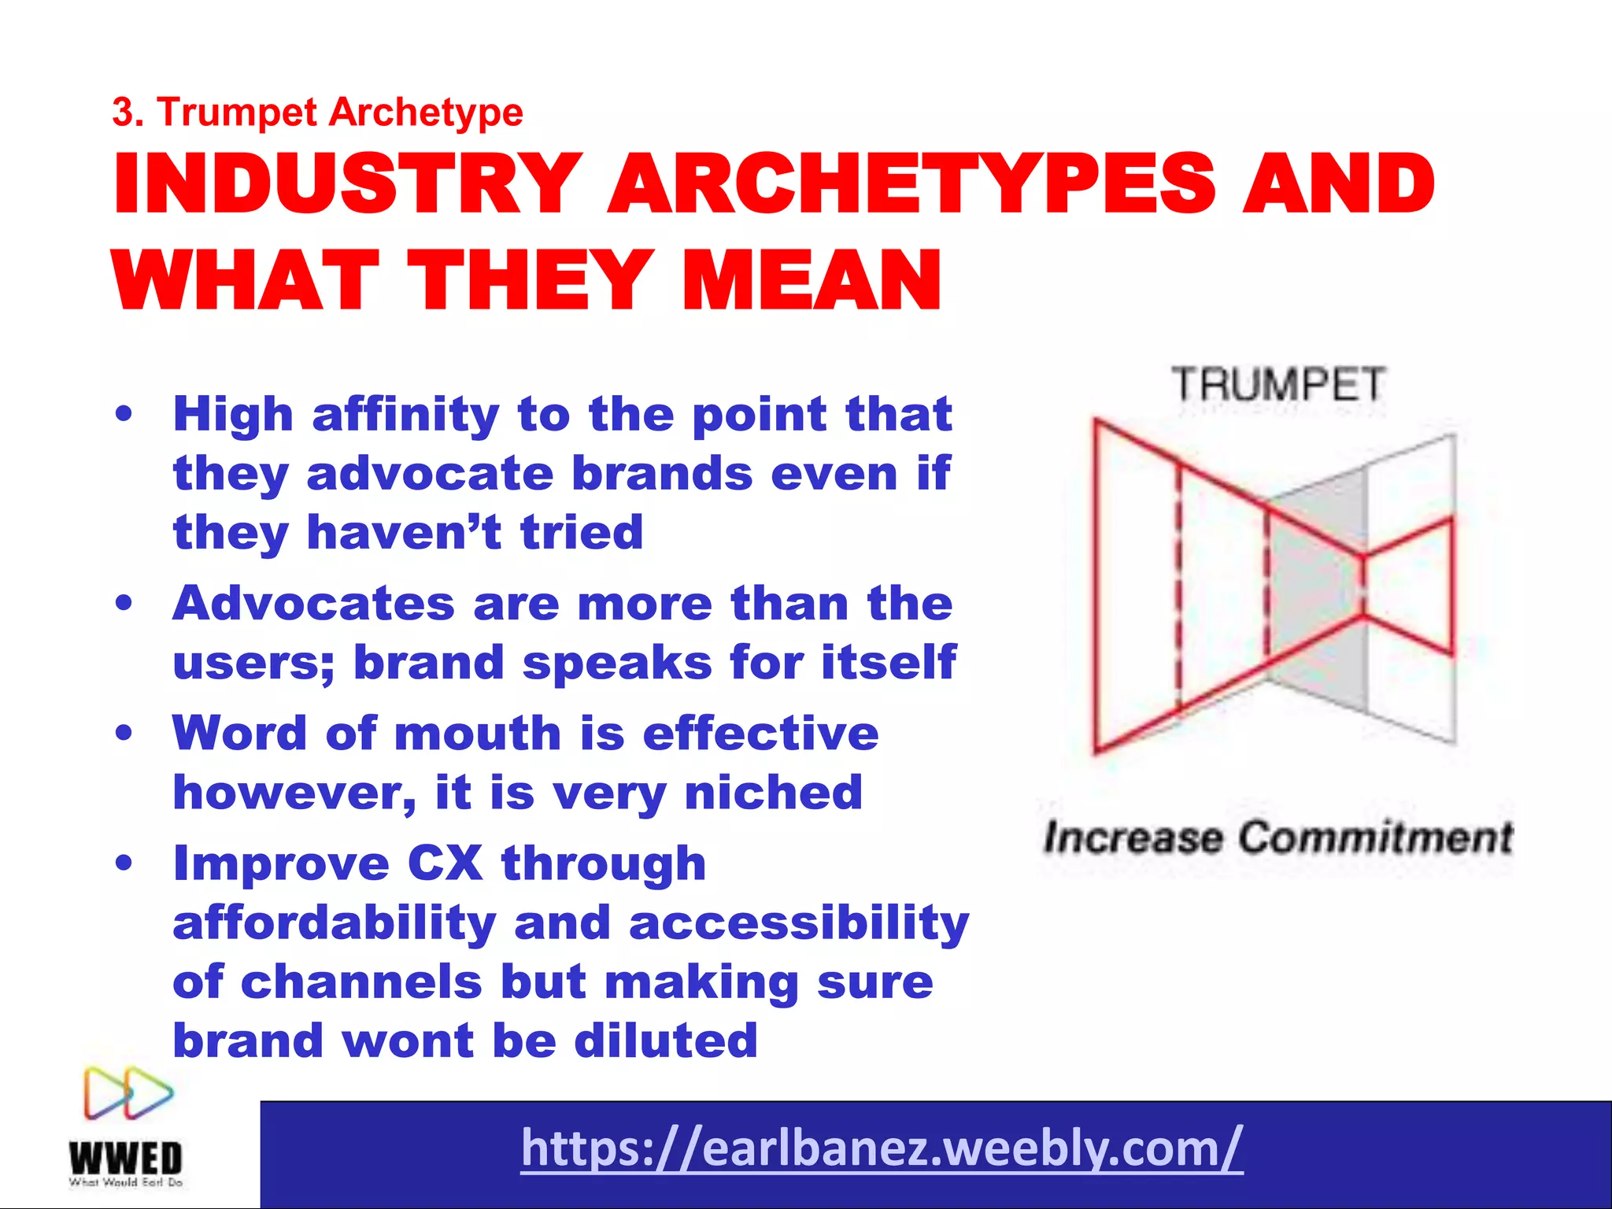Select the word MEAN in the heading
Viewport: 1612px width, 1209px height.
click(x=811, y=279)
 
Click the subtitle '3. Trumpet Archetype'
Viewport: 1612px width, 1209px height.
click(x=317, y=112)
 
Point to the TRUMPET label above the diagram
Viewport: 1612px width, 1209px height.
click(x=1277, y=385)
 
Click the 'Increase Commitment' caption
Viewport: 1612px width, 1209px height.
click(x=1277, y=837)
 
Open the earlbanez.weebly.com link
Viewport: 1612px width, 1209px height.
click(x=882, y=1148)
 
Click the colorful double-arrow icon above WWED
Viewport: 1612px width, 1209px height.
click(x=128, y=1093)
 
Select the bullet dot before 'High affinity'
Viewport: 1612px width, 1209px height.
click(x=124, y=414)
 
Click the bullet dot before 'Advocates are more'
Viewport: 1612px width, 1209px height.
click(x=124, y=603)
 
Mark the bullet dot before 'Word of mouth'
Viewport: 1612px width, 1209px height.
click(x=124, y=733)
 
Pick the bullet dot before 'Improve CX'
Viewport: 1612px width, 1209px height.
click(x=124, y=863)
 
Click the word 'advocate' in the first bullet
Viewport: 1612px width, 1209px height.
click(x=430, y=474)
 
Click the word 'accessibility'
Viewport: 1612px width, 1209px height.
click(x=799, y=922)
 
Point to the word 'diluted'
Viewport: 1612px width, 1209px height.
click(x=666, y=1041)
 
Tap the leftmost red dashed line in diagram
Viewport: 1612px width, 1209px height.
click(x=1178, y=590)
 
